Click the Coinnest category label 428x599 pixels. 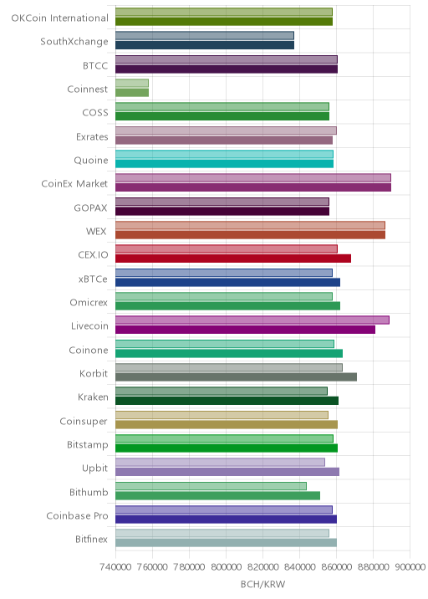point(88,89)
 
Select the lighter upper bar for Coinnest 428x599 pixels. point(132,84)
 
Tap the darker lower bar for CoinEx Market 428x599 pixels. point(253,187)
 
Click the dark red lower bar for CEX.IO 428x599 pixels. point(233,259)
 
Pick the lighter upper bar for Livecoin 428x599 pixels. point(252,320)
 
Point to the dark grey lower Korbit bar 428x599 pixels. point(237,377)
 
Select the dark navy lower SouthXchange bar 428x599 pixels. point(205,45)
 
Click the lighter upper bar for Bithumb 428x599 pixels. point(211,486)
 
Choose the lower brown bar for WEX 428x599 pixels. point(251,235)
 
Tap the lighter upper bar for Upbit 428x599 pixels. point(221,463)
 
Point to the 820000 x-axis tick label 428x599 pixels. point(262,566)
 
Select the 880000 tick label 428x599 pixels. point(373,566)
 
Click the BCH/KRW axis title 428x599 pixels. point(262,584)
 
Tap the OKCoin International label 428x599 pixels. point(60,18)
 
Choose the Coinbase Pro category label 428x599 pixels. point(77,515)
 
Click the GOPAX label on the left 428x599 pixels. point(91,207)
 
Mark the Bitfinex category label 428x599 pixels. point(92,539)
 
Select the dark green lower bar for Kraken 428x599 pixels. point(227,401)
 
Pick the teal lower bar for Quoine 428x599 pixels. point(225,163)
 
